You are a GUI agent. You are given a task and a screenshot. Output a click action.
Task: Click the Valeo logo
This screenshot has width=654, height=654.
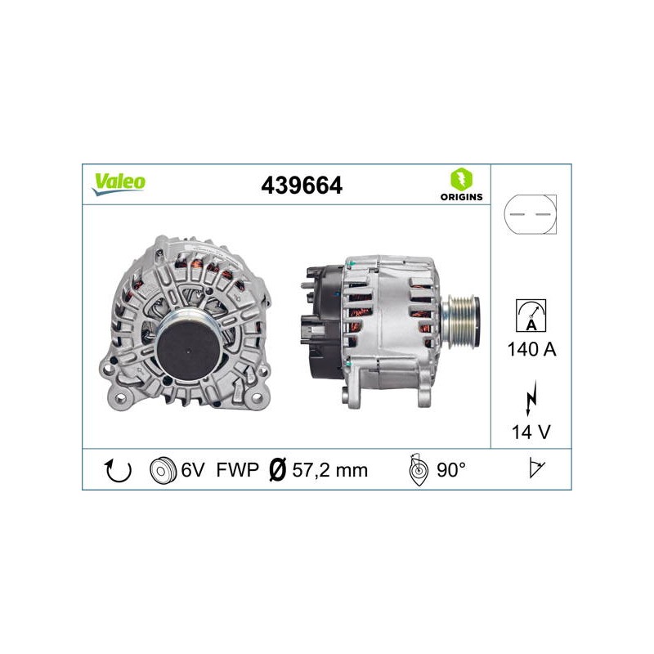(119, 184)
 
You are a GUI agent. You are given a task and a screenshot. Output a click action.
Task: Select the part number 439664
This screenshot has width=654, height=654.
(302, 186)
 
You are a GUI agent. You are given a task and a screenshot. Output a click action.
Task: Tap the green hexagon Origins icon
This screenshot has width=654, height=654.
(461, 179)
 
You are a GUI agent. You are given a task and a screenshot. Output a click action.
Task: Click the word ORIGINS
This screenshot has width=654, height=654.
(461, 197)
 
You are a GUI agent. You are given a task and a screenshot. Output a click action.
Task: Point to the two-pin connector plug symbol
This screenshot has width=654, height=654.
(530, 214)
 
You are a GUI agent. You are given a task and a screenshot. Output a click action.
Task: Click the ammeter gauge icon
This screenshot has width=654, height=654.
(531, 316)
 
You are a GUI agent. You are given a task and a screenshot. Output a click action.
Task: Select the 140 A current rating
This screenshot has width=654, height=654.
(531, 349)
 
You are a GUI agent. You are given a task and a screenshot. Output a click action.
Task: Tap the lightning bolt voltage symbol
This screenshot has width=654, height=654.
(531, 398)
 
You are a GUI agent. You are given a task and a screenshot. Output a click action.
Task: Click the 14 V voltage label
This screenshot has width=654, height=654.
(531, 432)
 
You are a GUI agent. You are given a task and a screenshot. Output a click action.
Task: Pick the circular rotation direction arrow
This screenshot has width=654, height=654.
(118, 471)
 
